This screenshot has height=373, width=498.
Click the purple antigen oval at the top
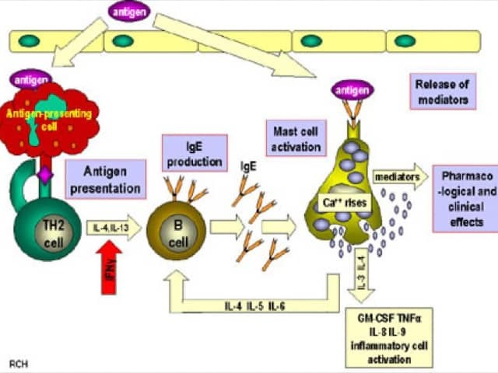point(129,11)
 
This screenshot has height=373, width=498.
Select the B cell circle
point(178,232)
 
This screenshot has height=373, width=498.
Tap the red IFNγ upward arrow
point(110,269)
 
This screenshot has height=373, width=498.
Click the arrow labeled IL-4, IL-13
point(114,227)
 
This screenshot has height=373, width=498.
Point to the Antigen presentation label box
point(107,179)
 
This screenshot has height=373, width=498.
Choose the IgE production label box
point(195,152)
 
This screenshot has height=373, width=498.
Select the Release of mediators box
point(441,92)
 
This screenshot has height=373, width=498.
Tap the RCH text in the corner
point(19,363)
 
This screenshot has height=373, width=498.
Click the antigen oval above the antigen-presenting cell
point(30,78)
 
